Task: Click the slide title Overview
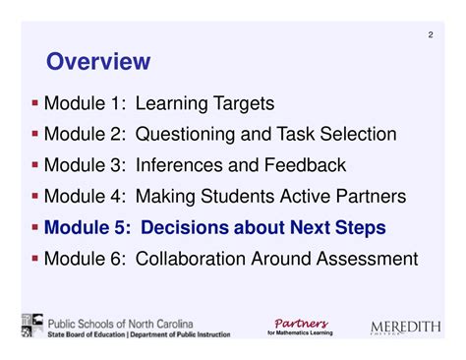[x=98, y=62]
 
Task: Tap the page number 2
[x=430, y=36]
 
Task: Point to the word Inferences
[x=183, y=165]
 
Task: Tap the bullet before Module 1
[x=35, y=101]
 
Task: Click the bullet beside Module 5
[x=35, y=227]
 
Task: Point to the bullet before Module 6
[x=35, y=259]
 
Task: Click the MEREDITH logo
[x=406, y=328]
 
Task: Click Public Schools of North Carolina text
[x=120, y=323]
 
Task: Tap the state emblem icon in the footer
[x=30, y=327]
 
